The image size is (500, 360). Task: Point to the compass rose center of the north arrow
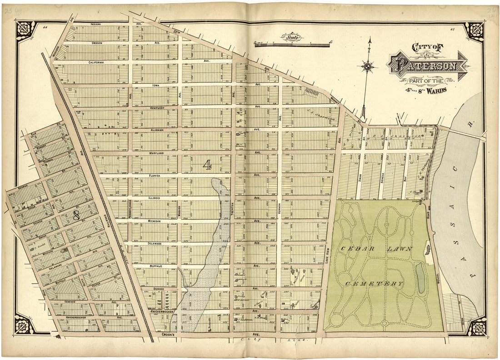tap(368, 67)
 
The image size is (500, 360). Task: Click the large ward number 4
tap(207, 165)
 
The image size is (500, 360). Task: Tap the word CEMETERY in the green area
tap(374, 284)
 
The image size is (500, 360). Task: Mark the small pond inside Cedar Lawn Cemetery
tap(421, 278)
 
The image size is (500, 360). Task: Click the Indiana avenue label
tap(95, 24)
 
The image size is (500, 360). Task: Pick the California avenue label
tap(96, 62)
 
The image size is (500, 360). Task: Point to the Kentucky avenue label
tap(156, 108)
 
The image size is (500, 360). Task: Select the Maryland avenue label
tap(156, 153)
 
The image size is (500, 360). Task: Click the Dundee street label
tap(158, 289)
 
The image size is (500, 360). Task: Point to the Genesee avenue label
tap(70, 301)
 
